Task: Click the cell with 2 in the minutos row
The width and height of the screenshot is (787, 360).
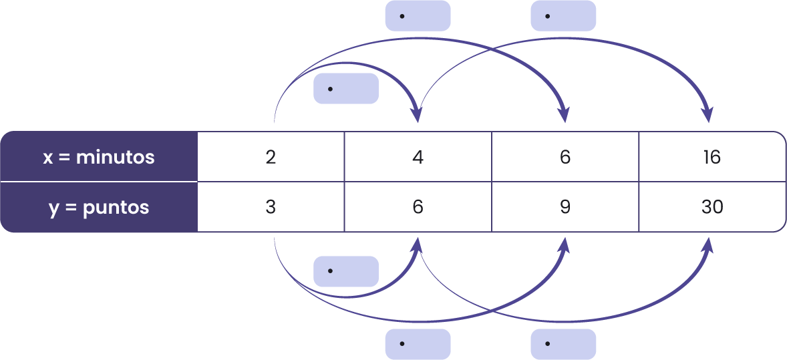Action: [x=271, y=157]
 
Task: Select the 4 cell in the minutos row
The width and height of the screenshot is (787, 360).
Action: [x=418, y=157]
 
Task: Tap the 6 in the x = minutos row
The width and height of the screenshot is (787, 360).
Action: [x=565, y=157]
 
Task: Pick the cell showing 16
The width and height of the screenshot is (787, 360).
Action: [x=712, y=157]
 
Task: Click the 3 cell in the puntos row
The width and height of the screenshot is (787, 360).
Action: [x=271, y=207]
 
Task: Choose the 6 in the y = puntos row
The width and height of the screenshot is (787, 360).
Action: [x=418, y=207]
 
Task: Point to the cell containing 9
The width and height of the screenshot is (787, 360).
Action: [x=565, y=207]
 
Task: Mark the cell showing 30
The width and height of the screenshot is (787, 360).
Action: [x=712, y=207]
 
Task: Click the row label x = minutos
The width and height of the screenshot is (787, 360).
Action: [x=99, y=157]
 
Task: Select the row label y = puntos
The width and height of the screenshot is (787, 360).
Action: [x=99, y=207]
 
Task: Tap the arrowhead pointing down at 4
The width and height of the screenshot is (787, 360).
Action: [x=418, y=115]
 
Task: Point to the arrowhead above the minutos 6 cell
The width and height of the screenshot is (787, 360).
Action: [x=565, y=115]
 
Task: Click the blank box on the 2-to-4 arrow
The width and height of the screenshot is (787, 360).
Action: [x=346, y=89]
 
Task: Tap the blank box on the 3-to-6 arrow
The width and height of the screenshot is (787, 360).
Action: [x=346, y=271]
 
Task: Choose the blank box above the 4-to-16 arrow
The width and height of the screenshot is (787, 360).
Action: [x=563, y=15]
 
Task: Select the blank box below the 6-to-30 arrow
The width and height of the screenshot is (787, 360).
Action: [x=563, y=344]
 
